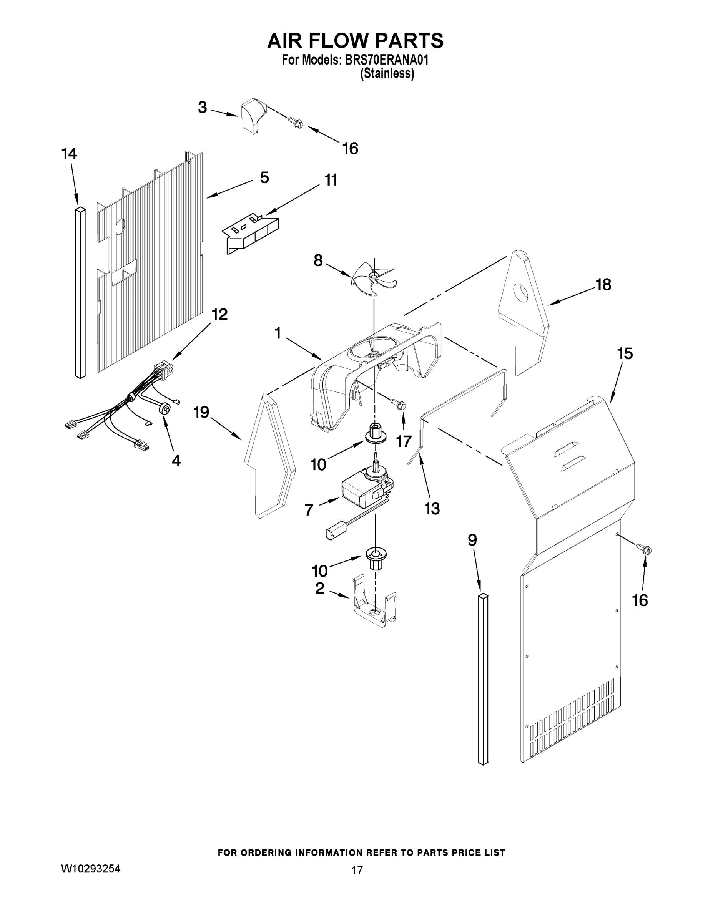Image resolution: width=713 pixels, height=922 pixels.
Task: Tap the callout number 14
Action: tap(69, 154)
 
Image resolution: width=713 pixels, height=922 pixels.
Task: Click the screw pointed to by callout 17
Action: tap(399, 405)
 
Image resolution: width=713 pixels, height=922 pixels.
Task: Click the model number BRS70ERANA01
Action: tap(387, 60)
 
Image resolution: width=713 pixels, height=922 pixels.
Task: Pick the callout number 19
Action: tap(201, 412)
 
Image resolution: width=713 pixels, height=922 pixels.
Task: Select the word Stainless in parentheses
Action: tap(387, 74)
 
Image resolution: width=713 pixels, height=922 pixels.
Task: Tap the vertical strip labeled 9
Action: tap(483, 678)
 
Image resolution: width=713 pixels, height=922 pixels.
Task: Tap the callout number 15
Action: tap(625, 353)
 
